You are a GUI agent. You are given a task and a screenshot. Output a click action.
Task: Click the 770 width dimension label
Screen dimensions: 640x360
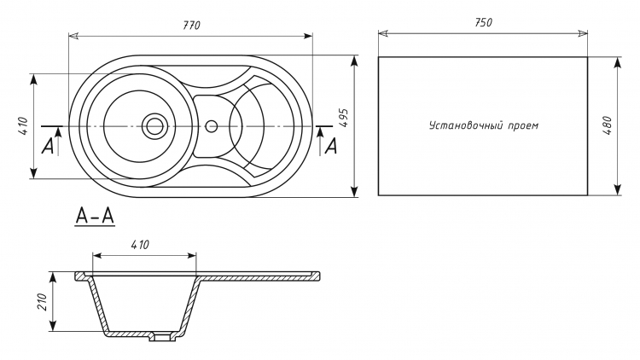(x=191, y=26)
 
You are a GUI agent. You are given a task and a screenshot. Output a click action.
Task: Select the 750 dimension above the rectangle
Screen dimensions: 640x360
(x=483, y=22)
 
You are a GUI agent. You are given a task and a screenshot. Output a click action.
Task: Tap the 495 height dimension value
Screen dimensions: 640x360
(x=344, y=118)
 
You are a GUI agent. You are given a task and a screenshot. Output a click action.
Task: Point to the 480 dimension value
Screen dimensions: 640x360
(x=608, y=125)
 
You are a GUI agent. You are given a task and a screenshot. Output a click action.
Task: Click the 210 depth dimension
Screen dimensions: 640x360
(x=43, y=301)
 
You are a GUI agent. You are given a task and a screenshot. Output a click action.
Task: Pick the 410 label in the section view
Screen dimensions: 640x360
(x=140, y=245)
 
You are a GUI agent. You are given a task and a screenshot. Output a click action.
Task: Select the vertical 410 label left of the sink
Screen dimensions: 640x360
(x=23, y=126)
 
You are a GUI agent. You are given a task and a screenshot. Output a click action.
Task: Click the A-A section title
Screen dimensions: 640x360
(x=95, y=216)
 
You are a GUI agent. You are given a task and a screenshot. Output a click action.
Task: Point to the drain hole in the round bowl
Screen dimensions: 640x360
(x=154, y=125)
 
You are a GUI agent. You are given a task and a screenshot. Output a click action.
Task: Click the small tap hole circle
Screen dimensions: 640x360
(x=211, y=125)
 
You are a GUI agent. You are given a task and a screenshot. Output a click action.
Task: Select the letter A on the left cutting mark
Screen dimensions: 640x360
(x=48, y=146)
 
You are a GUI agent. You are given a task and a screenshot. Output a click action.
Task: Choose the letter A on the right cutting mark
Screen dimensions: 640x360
(x=331, y=146)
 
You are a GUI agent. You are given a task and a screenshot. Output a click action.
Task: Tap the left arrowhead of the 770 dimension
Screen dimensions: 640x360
(x=73, y=37)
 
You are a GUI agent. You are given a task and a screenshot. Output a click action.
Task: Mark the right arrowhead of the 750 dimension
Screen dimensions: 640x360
(x=583, y=33)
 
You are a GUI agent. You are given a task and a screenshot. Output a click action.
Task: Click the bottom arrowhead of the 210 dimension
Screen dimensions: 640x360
(x=53, y=326)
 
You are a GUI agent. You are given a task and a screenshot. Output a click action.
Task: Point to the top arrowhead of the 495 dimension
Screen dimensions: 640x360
(x=354, y=61)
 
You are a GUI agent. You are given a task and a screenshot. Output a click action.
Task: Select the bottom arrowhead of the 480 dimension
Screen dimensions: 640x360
(x=618, y=189)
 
